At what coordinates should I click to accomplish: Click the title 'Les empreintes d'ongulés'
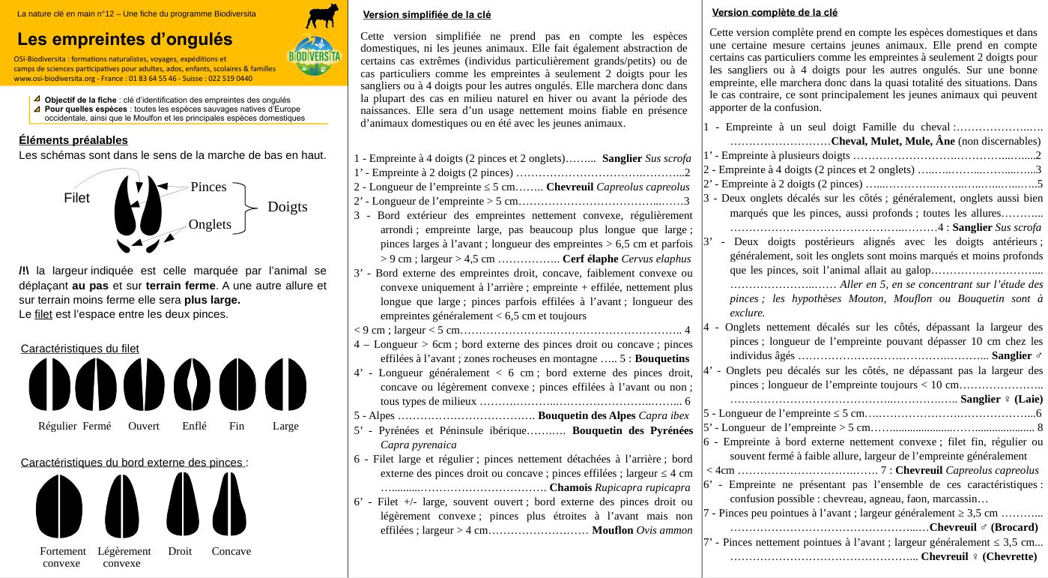[x=124, y=39]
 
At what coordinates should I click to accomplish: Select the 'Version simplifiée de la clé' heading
[x=426, y=15]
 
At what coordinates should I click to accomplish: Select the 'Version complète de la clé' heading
[x=775, y=12]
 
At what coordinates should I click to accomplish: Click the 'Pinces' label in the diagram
[x=208, y=187]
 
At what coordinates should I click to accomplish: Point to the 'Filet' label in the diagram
[x=76, y=199]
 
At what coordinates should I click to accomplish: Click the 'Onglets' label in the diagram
[x=210, y=224]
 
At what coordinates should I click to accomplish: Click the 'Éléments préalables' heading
[x=73, y=140]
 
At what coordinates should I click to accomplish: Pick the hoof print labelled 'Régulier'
[x=49, y=385]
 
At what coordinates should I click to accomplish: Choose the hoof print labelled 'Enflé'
[x=192, y=385]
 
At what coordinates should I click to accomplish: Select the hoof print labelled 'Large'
[x=285, y=385]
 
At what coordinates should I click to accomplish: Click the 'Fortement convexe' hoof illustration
[x=59, y=506]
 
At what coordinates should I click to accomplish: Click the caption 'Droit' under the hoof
[x=180, y=551]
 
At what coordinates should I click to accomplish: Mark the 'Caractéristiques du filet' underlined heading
[x=79, y=349]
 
